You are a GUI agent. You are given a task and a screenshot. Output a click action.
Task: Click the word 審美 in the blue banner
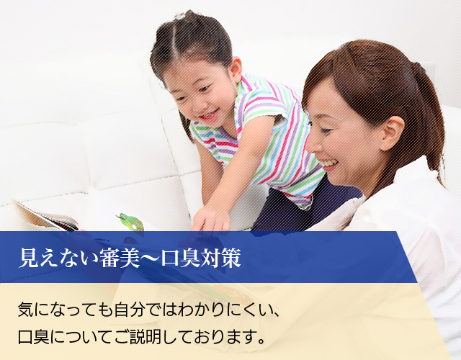(120, 258)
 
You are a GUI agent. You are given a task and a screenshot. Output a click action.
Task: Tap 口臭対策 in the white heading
(201, 258)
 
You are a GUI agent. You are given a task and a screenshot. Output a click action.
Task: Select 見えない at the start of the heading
(58, 258)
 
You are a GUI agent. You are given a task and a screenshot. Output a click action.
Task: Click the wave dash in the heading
(150, 258)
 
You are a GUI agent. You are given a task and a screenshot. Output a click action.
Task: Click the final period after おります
(261, 341)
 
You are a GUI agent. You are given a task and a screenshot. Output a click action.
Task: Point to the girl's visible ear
(236, 69)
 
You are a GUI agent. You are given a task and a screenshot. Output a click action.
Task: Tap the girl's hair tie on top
(180, 15)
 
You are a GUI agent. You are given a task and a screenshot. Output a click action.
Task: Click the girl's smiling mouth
(210, 115)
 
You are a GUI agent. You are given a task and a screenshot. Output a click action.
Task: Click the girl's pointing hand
(211, 219)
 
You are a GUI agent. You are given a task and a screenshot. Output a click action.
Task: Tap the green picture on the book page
(131, 222)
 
